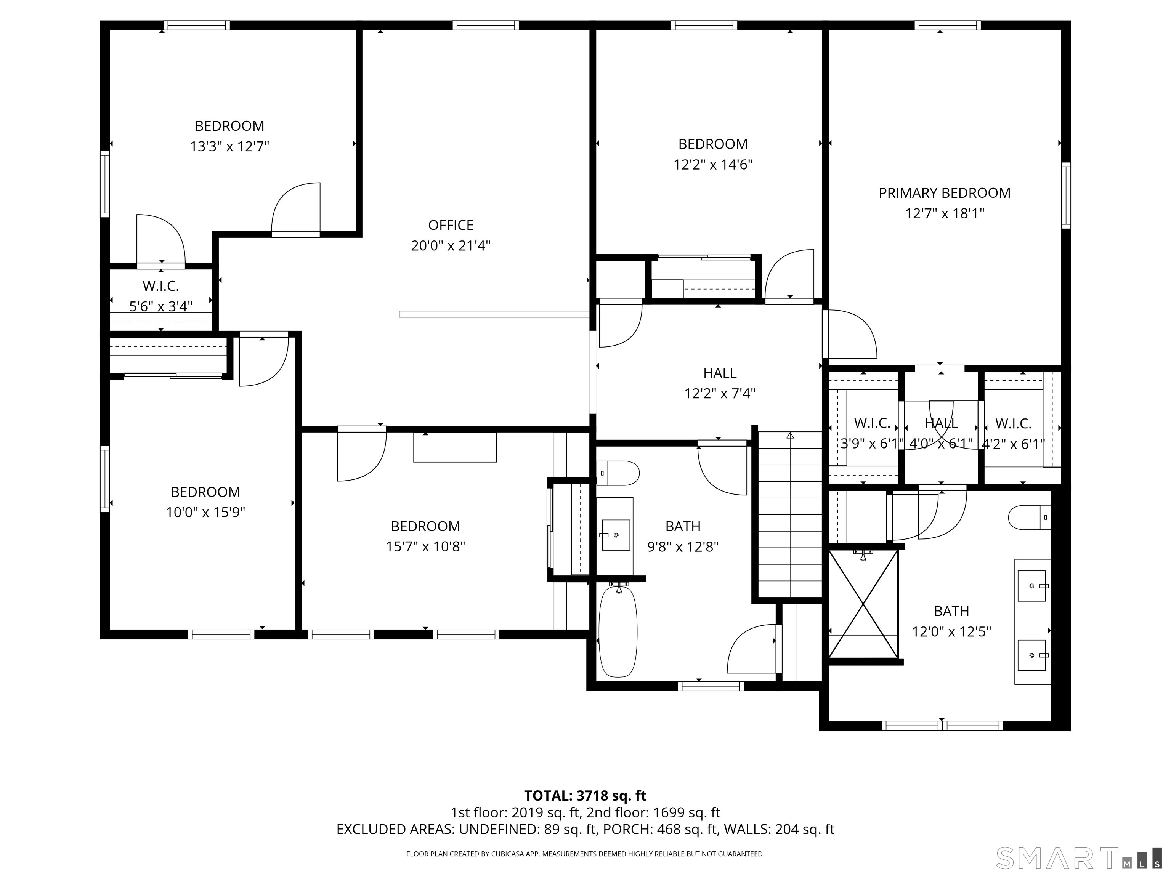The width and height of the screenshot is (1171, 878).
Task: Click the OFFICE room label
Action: [451, 226]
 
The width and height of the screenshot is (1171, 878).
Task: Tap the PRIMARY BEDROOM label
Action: [945, 193]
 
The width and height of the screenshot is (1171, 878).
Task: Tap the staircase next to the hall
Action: [790, 513]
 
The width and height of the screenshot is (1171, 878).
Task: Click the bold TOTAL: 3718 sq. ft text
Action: [585, 795]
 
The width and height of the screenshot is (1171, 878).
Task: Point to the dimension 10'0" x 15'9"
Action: [205, 512]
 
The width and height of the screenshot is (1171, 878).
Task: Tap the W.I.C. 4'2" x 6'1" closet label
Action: [1013, 433]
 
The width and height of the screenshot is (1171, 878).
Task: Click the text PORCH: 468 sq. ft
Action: [688, 829]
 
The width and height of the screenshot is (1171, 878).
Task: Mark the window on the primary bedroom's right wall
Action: [1066, 196]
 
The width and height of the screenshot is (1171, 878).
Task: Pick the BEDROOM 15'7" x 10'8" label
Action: [425, 536]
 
